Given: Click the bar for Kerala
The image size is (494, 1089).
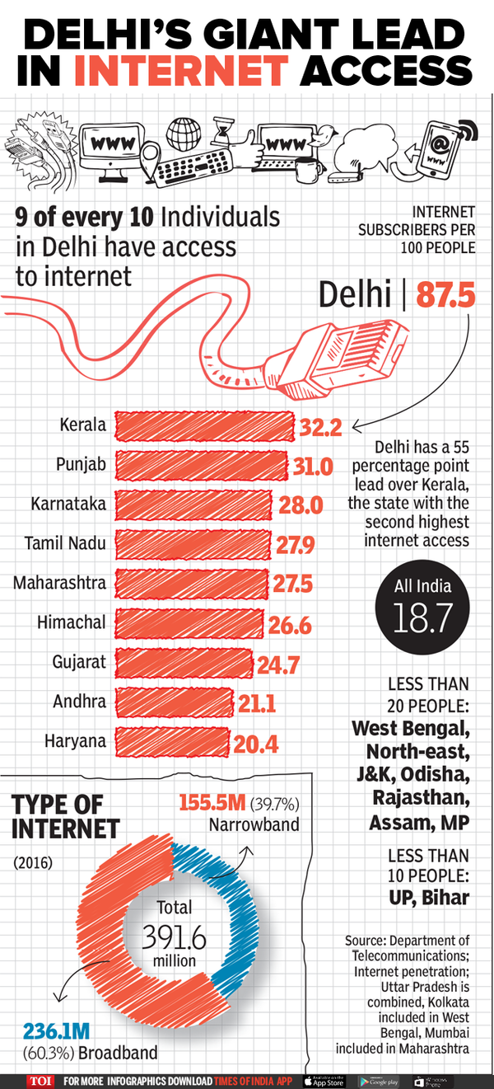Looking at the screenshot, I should pos(204,425).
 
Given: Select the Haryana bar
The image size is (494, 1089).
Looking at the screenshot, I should pos(171,742).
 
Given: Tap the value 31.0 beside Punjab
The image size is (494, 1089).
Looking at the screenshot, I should pos(313,466).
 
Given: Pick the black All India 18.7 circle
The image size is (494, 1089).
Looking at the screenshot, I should pos(423,605).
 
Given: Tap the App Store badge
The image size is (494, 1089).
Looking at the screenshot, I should pos(324,1081).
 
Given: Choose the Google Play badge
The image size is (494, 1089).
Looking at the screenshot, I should pos(379,1081).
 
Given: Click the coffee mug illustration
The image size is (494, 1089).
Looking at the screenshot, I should pos(307,168).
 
